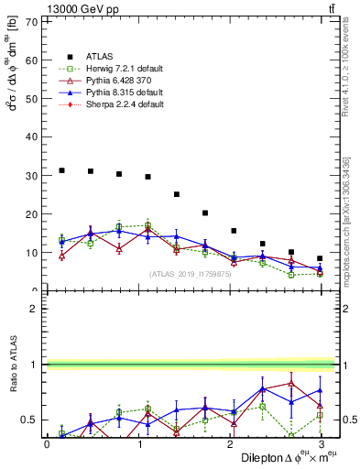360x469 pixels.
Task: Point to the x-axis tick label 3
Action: [321, 443]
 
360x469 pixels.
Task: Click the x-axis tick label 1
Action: [138, 443]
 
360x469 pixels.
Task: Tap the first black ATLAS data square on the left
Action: [61, 170]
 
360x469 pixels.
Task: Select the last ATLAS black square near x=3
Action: [320, 258]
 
